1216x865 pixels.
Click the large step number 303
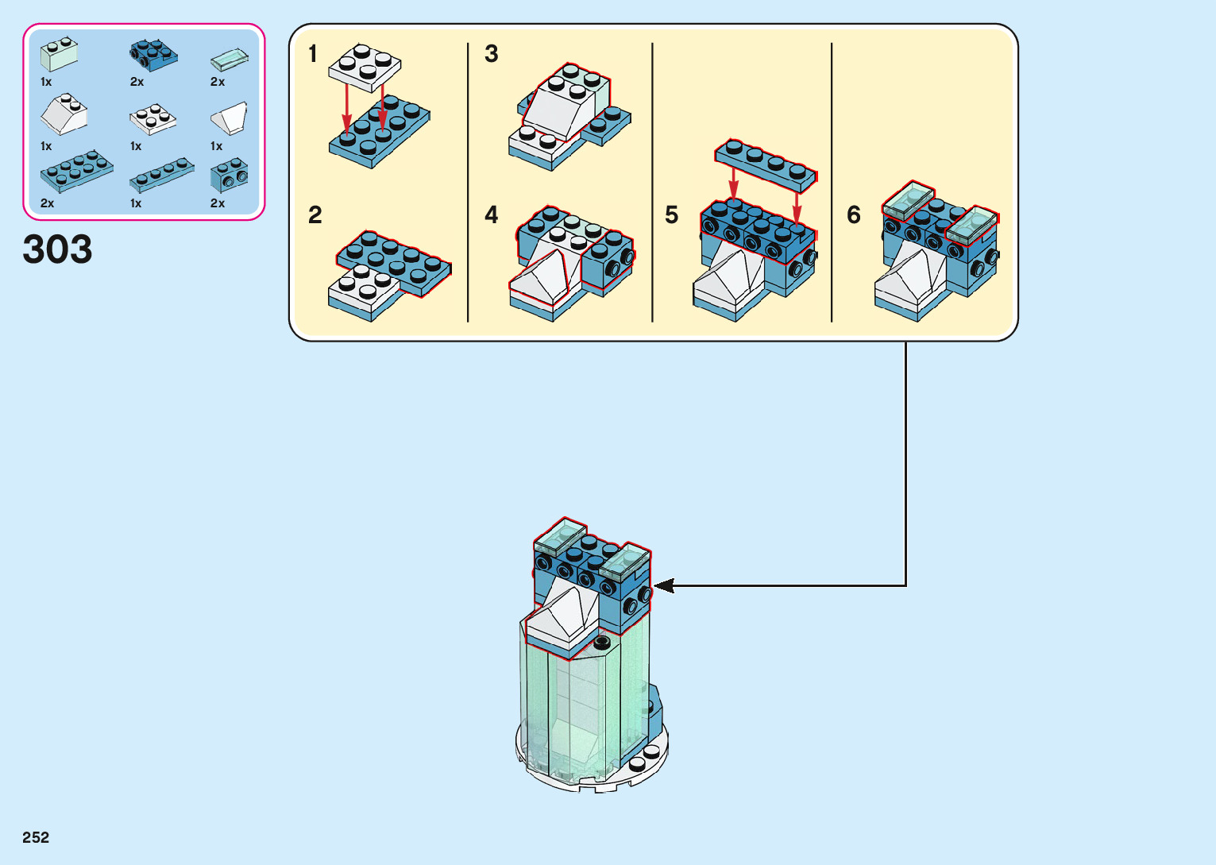point(57,249)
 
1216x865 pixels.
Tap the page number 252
point(36,837)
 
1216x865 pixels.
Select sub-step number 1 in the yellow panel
point(313,54)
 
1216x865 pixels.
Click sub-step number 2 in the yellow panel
point(315,215)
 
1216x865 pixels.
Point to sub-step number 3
point(492,54)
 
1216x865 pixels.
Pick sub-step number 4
point(492,215)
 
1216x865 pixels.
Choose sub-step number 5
point(672,215)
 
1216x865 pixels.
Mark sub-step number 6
point(854,215)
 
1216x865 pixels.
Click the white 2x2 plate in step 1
point(365,65)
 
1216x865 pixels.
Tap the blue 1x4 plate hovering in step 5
point(766,165)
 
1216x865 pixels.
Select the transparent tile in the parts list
point(230,60)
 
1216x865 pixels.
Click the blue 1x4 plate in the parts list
point(162,176)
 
